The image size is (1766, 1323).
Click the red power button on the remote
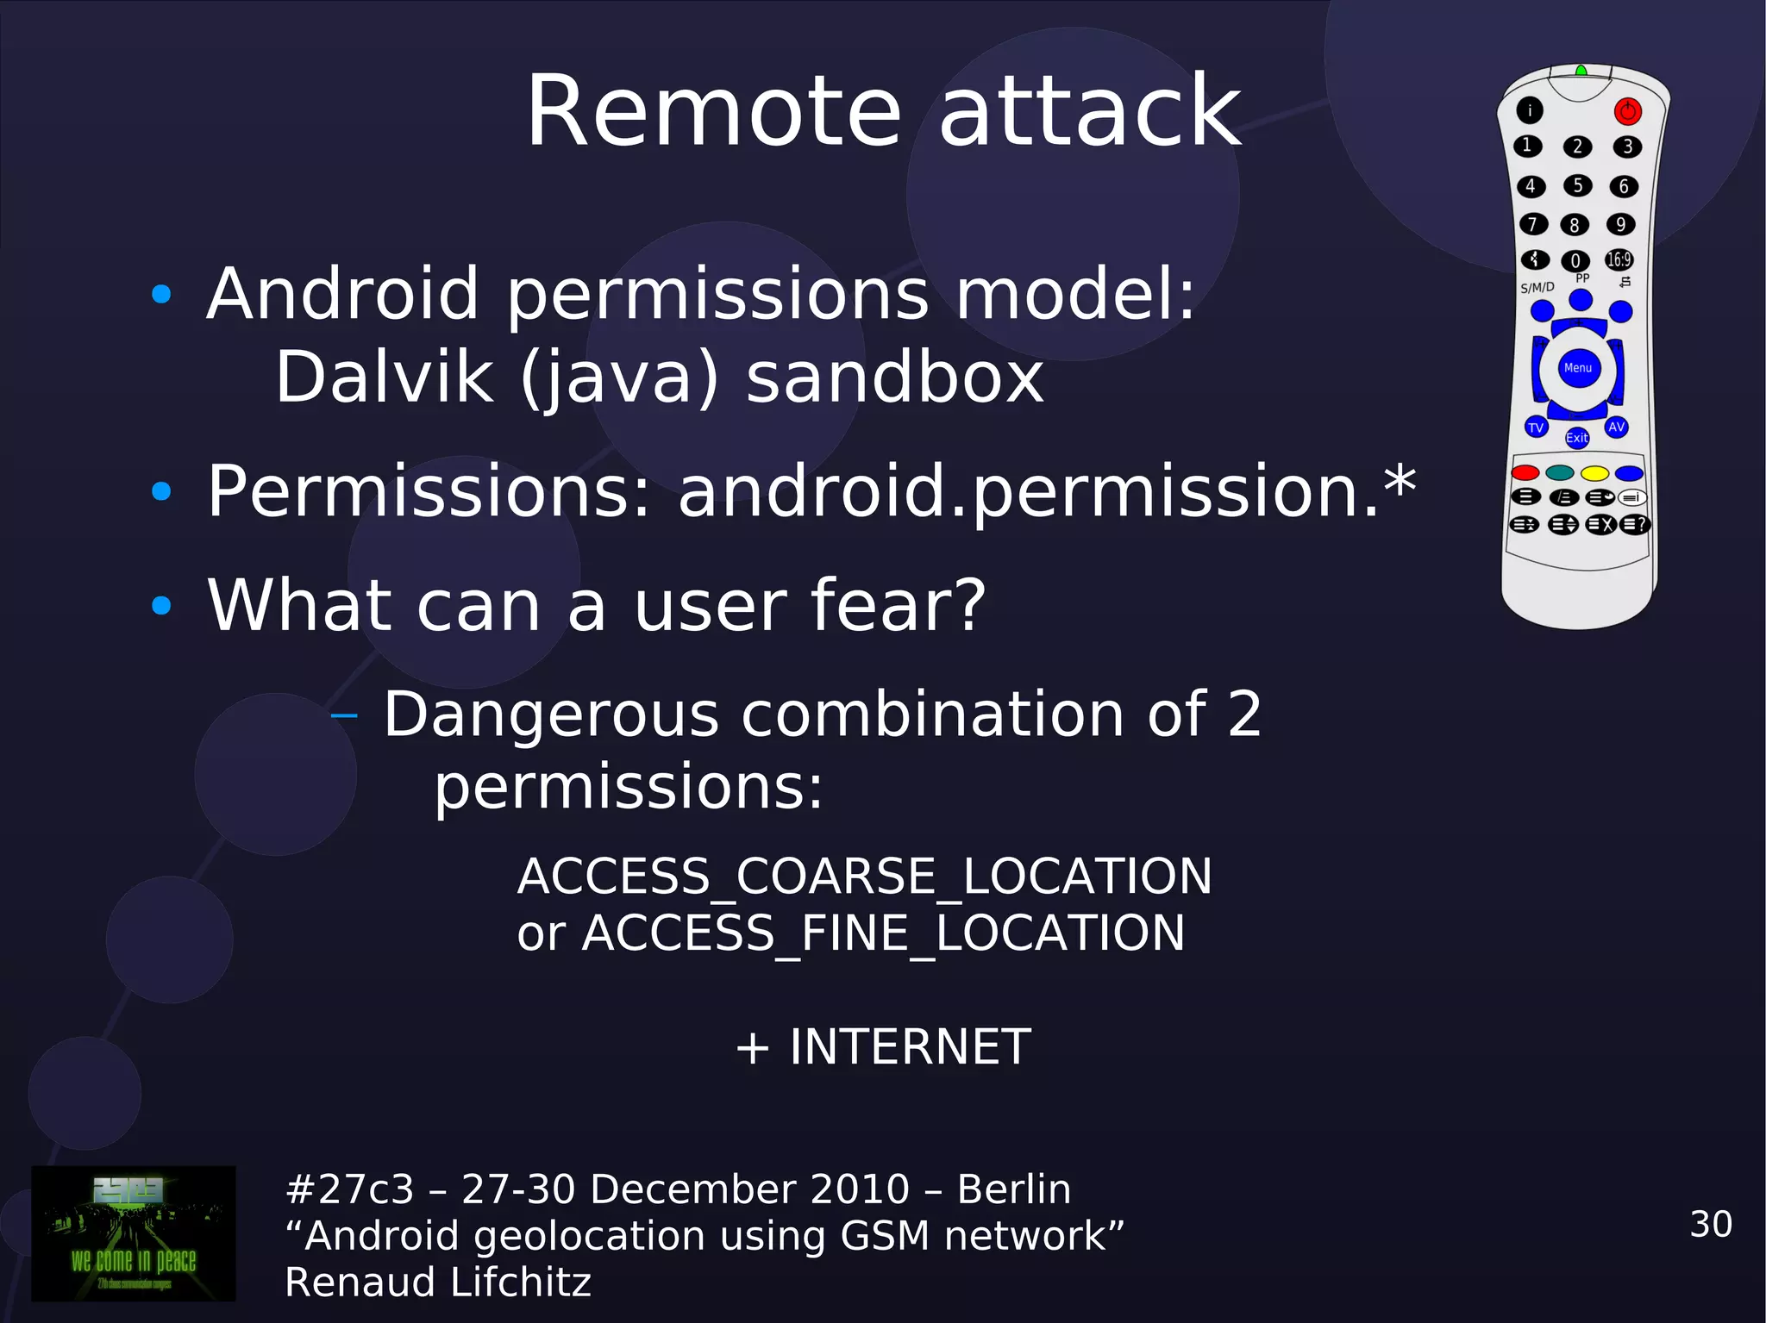pyautogui.click(x=1627, y=111)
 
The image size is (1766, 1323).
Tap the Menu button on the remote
pyautogui.click(x=1578, y=368)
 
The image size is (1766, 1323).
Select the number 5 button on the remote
pyautogui.click(x=1577, y=185)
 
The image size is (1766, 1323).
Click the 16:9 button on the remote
pyautogui.click(x=1619, y=259)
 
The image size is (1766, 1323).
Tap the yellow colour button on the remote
pyautogui.click(x=1594, y=473)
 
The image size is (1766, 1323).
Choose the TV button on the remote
pyautogui.click(x=1536, y=427)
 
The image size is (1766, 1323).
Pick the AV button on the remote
pyautogui.click(x=1617, y=427)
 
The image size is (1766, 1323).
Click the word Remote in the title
pyautogui.click(x=713, y=112)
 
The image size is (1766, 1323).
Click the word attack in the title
pyautogui.click(x=1089, y=112)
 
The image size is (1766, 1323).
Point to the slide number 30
pyautogui.click(x=1711, y=1224)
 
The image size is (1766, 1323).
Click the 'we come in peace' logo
pyautogui.click(x=134, y=1233)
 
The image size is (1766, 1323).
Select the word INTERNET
pyautogui.click(x=910, y=1046)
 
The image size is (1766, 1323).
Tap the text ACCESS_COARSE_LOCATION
pyautogui.click(x=864, y=877)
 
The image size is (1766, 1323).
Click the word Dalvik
pyautogui.click(x=384, y=378)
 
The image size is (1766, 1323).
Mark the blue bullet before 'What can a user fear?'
pyautogui.click(x=161, y=606)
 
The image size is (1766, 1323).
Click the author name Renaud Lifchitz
pyautogui.click(x=438, y=1282)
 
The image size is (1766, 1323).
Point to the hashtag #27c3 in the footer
pyautogui.click(x=349, y=1189)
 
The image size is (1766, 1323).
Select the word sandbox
pyautogui.click(x=894, y=378)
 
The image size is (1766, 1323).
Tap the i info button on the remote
pyautogui.click(x=1530, y=110)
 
